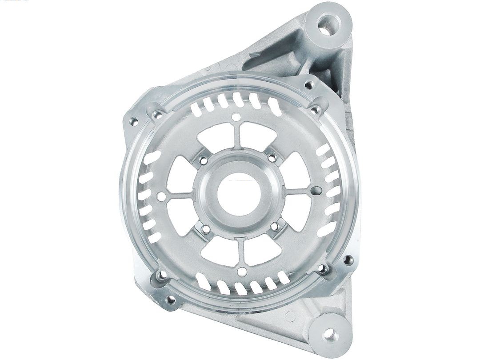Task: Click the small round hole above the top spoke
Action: (x=236, y=117)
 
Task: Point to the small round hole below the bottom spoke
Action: (x=242, y=272)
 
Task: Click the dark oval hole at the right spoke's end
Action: (x=316, y=191)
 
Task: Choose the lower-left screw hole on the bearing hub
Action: (x=206, y=229)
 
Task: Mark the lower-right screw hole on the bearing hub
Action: (x=275, y=226)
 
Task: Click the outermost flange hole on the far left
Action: (x=132, y=120)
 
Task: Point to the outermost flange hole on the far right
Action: (x=348, y=260)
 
